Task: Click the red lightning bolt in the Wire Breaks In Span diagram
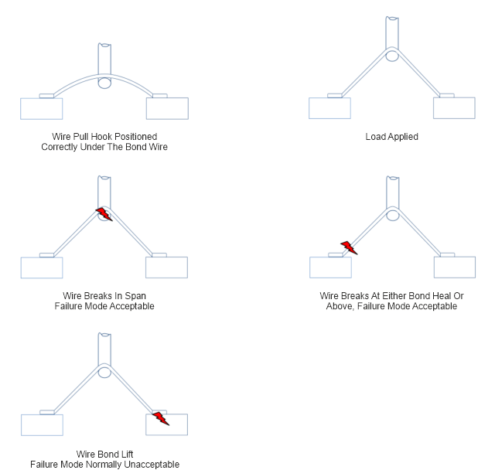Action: tap(104, 213)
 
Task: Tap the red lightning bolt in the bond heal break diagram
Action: tap(350, 247)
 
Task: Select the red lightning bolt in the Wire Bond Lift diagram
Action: tap(160, 418)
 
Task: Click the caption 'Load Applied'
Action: tap(391, 137)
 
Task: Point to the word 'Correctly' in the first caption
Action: tap(60, 147)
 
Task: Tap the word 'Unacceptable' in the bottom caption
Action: tap(154, 465)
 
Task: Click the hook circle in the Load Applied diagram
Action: tap(392, 56)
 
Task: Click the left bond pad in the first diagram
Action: tap(42, 108)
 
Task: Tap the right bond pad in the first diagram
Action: tap(167, 108)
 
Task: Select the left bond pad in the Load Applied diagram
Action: tap(329, 108)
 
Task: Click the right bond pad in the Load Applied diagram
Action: tap(454, 108)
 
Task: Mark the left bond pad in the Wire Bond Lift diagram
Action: tap(42, 425)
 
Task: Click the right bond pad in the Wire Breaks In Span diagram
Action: tap(166, 267)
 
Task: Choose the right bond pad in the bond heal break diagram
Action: tap(454, 267)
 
